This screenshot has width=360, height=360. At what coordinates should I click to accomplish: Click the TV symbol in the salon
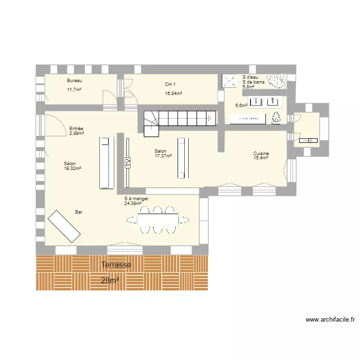coord(128,163)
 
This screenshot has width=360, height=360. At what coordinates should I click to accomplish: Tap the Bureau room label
coord(74,81)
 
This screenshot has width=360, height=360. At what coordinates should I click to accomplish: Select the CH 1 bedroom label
coord(170,84)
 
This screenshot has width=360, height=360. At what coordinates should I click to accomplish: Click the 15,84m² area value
coord(174,94)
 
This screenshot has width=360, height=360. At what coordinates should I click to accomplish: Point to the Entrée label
coord(76,129)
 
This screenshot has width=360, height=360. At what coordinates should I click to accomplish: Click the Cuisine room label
coord(261,154)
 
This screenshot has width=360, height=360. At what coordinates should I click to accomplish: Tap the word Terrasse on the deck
coord(116,264)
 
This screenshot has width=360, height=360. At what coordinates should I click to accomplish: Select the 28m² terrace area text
coord(110,280)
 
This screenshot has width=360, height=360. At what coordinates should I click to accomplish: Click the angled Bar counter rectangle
coord(64,227)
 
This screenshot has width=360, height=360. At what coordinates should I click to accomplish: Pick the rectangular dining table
coord(158,220)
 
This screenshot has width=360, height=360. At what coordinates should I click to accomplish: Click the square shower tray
coord(229,81)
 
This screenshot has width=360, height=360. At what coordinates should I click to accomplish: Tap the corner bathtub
coord(277,81)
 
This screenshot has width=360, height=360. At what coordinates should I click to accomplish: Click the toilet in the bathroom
coord(276,118)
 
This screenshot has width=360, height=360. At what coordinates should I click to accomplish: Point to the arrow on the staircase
coord(210,119)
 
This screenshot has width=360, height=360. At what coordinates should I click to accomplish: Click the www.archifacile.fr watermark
coord(330,319)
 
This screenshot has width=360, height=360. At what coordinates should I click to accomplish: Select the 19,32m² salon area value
coord(72,168)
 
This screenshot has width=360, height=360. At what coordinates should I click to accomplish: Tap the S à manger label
coord(136,199)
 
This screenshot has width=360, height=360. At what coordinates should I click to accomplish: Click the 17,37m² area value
coord(163,156)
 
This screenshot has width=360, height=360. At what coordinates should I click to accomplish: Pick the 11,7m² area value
coord(74,90)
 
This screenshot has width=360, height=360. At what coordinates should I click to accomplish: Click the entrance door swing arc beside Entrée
coord(60,122)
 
